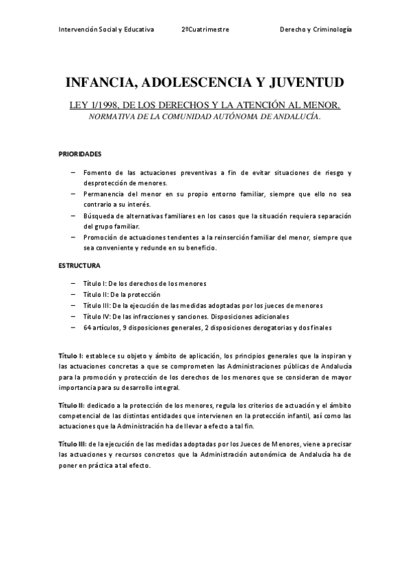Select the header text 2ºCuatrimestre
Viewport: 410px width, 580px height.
point(205,30)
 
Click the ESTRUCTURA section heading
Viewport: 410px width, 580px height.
point(79,265)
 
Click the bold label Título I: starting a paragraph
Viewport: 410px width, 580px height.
point(71,356)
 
